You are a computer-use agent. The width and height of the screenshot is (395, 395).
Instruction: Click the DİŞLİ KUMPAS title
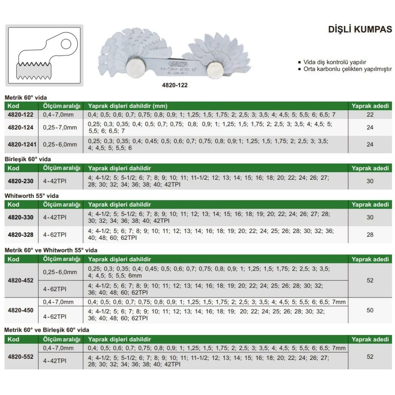pyautogui.click(x=360, y=30)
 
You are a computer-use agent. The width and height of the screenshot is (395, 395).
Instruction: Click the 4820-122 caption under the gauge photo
pyautogui.click(x=175, y=85)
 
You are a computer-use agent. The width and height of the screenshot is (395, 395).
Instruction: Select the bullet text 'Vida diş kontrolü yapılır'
pyautogui.click(x=335, y=62)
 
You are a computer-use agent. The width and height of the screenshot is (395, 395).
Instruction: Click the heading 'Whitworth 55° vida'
pyautogui.click(x=29, y=196)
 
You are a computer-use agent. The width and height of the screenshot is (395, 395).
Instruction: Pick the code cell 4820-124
pyautogui.click(x=21, y=128)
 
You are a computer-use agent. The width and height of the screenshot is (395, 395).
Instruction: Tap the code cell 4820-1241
pyautogui.click(x=22, y=145)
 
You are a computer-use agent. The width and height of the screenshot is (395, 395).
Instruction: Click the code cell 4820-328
pyautogui.click(x=21, y=235)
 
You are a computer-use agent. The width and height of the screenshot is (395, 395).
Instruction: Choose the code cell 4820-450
pyautogui.click(x=21, y=310)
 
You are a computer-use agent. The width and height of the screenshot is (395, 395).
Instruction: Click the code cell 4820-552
pyautogui.click(x=21, y=356)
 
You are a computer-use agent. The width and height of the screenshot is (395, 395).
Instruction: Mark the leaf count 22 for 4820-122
pyautogui.click(x=370, y=115)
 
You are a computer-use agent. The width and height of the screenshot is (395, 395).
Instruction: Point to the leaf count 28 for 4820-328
pyautogui.click(x=370, y=235)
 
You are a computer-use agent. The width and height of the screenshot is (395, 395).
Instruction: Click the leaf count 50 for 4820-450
pyautogui.click(x=370, y=310)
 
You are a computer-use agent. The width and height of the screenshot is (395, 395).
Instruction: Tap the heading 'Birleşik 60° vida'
pyautogui.click(x=28, y=159)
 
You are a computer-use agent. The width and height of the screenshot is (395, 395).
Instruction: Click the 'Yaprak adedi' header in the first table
pyautogui.click(x=370, y=106)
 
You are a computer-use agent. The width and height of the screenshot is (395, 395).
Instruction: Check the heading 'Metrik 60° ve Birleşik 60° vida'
pyautogui.click(x=47, y=330)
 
